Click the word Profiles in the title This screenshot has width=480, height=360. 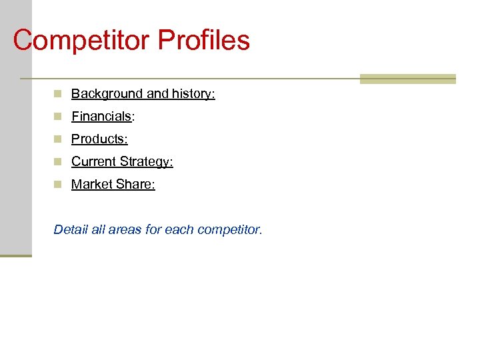(x=204, y=40)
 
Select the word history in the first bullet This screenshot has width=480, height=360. (x=192, y=94)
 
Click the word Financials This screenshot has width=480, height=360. (x=101, y=117)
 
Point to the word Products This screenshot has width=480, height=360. (x=98, y=139)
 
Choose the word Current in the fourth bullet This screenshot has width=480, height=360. (x=93, y=162)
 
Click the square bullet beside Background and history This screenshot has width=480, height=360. (x=59, y=94)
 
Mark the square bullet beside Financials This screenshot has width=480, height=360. (x=59, y=117)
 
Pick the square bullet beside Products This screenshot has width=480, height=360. (x=59, y=139)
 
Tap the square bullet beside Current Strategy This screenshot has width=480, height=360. (x=59, y=162)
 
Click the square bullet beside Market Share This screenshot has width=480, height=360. (x=59, y=185)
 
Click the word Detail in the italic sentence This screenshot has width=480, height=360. (x=69, y=230)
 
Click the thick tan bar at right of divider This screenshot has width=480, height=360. (x=407, y=79)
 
